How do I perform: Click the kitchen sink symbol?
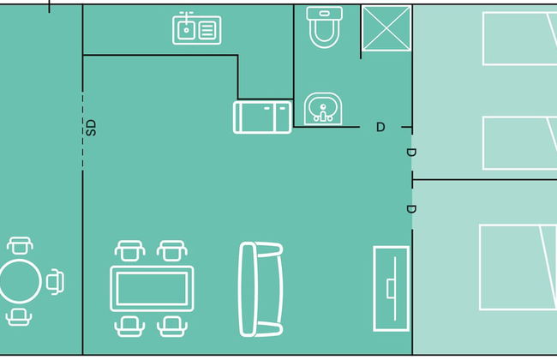pyautogui.click(x=196, y=28)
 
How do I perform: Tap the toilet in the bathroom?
pyautogui.click(x=324, y=27)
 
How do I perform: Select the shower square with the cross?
pyautogui.click(x=386, y=28)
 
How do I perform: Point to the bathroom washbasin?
pyautogui.click(x=323, y=109)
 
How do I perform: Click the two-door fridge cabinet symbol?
pyautogui.click(x=262, y=117)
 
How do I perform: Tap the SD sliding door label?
pyautogui.click(x=92, y=128)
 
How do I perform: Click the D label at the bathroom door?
pyautogui.click(x=380, y=127)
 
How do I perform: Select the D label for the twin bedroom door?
pyautogui.click(x=410, y=153)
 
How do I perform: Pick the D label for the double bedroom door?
pyautogui.click(x=410, y=209)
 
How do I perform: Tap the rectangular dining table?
pyautogui.click(x=152, y=289)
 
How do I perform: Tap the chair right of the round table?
pyautogui.click(x=55, y=282)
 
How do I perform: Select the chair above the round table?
pyautogui.click(x=20, y=245)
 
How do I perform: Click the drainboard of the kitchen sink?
pyautogui.click(x=207, y=30)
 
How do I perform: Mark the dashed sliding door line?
pyautogui.click(x=83, y=130)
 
